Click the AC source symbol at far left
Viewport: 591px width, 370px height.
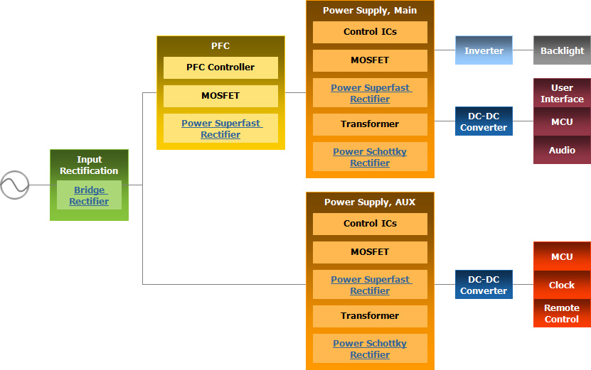pos(14,185)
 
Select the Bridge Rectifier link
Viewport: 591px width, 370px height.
pos(89,195)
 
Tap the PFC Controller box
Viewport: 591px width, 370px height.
pos(220,67)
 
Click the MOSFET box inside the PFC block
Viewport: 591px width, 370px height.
pos(220,96)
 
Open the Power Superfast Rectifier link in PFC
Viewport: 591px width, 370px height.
pos(220,129)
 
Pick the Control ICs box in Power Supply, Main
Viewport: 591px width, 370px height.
pos(370,32)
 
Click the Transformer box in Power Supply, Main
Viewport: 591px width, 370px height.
pos(370,124)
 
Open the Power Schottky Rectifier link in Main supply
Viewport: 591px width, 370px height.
pos(370,157)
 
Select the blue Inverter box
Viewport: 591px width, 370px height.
pos(484,50)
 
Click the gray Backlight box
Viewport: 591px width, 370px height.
pos(562,50)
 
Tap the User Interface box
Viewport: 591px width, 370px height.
pos(562,93)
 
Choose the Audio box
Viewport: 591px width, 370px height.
pos(562,151)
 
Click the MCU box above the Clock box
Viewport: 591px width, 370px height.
pos(562,256)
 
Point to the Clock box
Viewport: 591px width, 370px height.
pos(562,285)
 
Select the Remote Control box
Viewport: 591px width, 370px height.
pos(562,313)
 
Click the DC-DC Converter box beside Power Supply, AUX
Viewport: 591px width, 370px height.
pos(484,285)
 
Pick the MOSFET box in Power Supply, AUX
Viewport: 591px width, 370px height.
pos(370,252)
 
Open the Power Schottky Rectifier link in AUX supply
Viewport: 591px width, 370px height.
pos(370,349)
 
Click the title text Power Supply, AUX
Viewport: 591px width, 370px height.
pos(370,202)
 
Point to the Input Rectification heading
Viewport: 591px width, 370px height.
pos(89,165)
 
